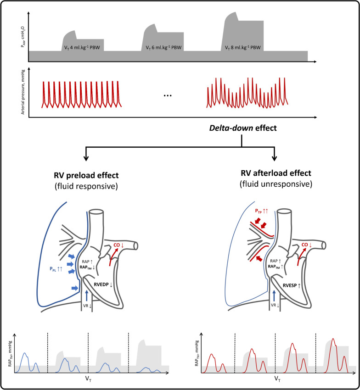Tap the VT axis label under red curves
coord(276,379)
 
